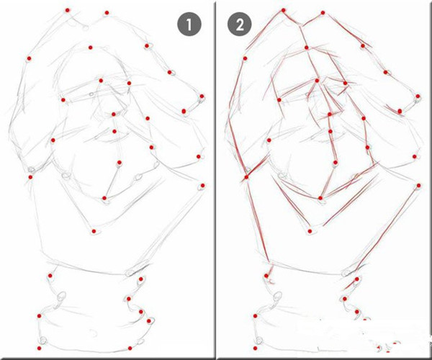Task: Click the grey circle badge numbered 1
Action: [189, 24]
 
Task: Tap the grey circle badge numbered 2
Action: [240, 24]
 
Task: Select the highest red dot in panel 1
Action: [67, 10]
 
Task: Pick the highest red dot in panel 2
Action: [283, 10]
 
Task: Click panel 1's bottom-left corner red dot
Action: [39, 348]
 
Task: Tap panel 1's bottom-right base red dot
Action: [130, 348]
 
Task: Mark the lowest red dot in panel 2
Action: [255, 348]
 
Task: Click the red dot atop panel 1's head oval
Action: [91, 48]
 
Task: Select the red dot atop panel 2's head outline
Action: [307, 48]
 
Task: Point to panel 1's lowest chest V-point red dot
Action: [94, 231]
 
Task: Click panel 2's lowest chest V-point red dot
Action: [310, 231]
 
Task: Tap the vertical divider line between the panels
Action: [215, 179]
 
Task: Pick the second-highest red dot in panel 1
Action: [107, 13]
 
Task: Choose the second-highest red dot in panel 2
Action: [323, 13]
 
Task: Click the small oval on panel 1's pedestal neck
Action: [61, 297]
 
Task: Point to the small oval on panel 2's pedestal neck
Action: [277, 297]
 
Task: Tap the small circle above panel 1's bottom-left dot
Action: [43, 340]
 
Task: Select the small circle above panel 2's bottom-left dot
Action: [259, 340]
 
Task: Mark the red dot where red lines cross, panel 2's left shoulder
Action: [246, 177]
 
